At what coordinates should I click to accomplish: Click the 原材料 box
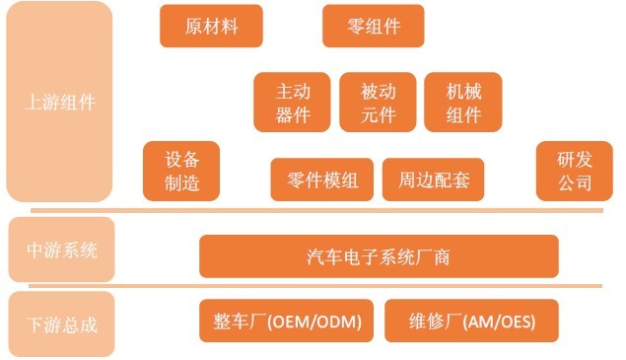(212, 27)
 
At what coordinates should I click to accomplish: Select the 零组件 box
(374, 27)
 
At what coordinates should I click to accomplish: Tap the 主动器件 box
(293, 103)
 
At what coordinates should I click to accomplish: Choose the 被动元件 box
(379, 103)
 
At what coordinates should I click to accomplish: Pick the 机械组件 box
(463, 103)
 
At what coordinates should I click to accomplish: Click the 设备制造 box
(181, 171)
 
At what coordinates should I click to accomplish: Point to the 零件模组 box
(322, 180)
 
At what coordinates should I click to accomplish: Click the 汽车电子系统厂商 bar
(379, 257)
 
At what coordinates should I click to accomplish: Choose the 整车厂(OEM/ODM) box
(287, 322)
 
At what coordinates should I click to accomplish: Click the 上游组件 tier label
(60, 103)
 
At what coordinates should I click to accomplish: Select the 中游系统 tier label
(61, 251)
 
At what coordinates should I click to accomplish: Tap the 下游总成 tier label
(61, 323)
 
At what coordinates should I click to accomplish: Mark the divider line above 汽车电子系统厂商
(315, 210)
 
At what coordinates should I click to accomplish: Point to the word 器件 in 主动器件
(293, 114)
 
